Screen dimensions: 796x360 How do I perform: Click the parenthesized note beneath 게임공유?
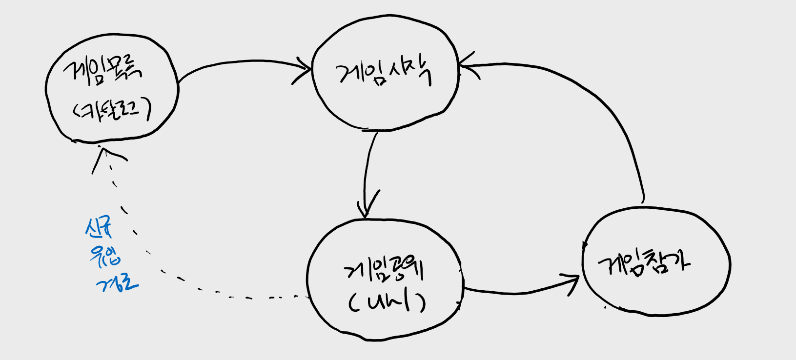click(x=387, y=303)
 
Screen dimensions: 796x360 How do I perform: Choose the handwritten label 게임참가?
click(x=644, y=263)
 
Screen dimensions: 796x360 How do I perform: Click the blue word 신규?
click(x=99, y=227)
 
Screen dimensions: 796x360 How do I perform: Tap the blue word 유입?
click(x=104, y=256)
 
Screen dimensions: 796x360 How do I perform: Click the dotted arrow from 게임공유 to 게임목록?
click(x=161, y=263)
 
